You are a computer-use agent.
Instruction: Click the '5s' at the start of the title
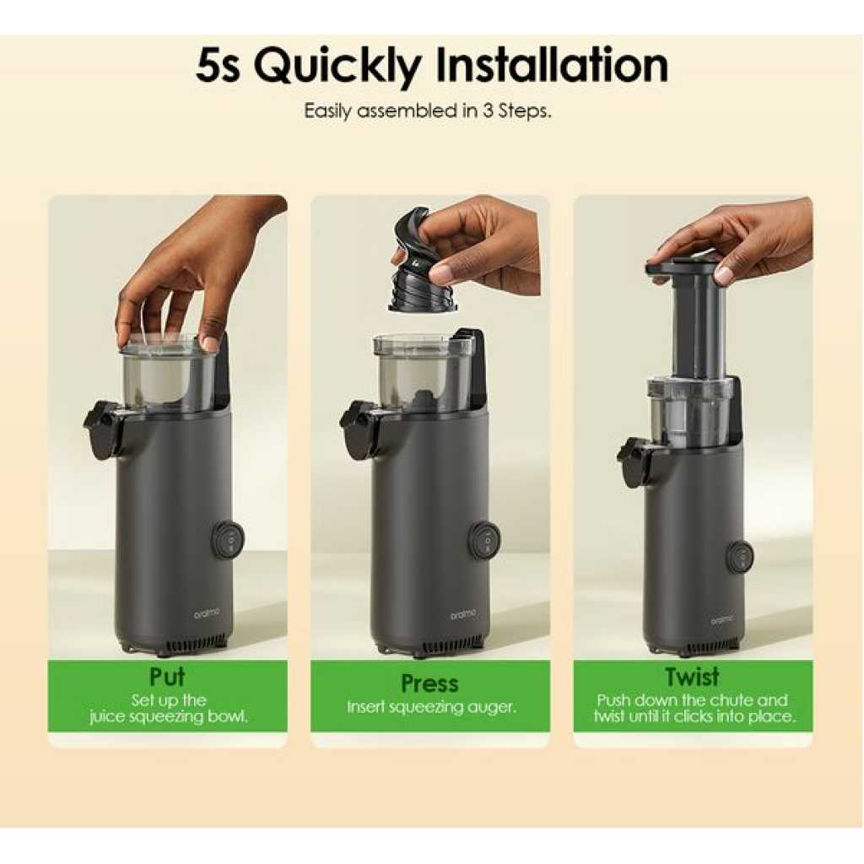click(x=219, y=66)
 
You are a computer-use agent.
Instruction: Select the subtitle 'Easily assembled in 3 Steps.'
click(x=428, y=111)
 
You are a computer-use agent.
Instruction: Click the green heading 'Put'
click(x=168, y=677)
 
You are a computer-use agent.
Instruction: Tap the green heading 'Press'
click(x=429, y=683)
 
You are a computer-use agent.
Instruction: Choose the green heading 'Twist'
click(x=692, y=677)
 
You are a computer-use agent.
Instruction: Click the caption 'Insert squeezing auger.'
click(x=431, y=708)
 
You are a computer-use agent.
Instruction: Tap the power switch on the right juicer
click(x=739, y=557)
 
